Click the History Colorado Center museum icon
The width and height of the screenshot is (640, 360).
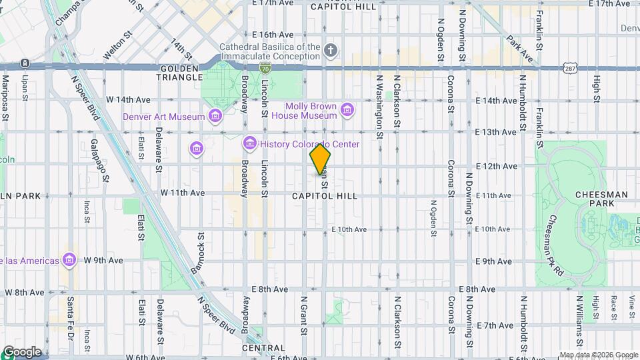250,143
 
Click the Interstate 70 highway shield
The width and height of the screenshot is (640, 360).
265,67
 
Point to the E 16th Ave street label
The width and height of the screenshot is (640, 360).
272,35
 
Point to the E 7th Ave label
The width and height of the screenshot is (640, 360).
494,325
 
